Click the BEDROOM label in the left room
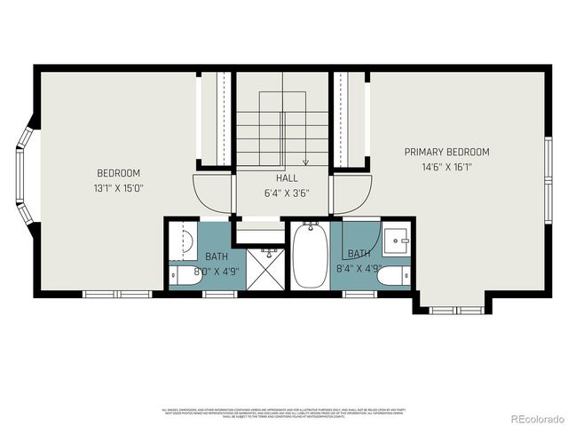click(118, 172)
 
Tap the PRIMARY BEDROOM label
click(446, 152)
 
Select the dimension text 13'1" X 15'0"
click(118, 187)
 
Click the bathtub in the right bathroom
click(311, 256)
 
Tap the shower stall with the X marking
click(264, 269)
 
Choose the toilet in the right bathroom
click(393, 276)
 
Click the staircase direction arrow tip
click(305, 164)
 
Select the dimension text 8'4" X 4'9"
click(359, 267)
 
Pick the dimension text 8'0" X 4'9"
click(198, 271)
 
